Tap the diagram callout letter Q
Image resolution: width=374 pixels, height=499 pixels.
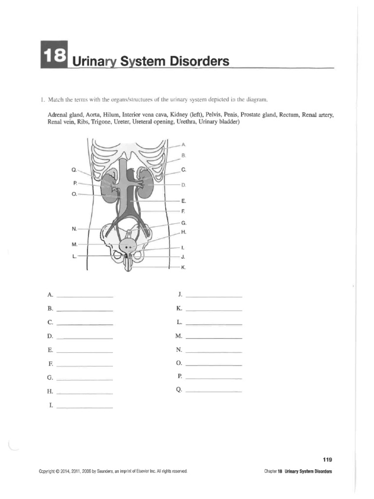(x=74, y=170)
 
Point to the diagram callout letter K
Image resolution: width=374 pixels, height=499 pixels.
(x=184, y=268)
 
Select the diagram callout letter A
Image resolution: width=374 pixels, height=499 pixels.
(x=183, y=145)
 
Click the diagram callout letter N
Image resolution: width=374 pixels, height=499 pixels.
(x=74, y=228)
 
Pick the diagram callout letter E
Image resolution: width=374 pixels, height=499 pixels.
(x=184, y=201)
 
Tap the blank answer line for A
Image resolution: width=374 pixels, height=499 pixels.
(x=85, y=296)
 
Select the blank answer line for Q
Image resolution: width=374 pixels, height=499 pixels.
(x=214, y=391)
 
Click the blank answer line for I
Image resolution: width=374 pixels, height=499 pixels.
(x=85, y=407)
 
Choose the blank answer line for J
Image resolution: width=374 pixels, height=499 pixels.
(x=214, y=296)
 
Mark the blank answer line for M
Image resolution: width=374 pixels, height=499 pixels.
(x=214, y=338)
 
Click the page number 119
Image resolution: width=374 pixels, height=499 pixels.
(x=327, y=460)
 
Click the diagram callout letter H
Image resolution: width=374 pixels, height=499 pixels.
(x=184, y=232)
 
